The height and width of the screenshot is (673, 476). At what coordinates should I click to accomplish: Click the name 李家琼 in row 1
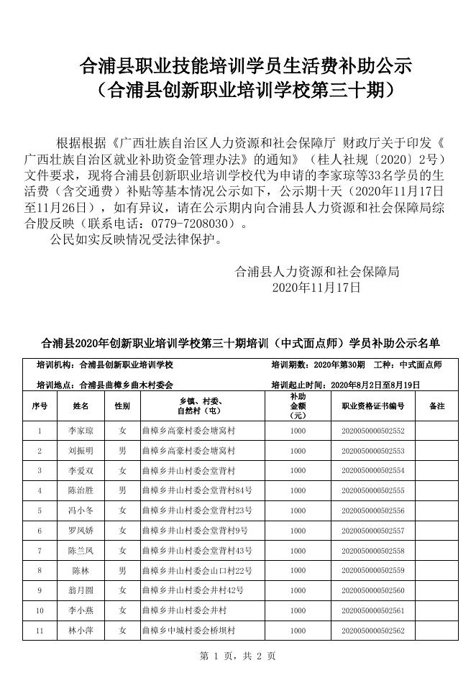pyautogui.click(x=81, y=431)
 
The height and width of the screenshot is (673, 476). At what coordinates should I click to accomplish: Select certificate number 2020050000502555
pyautogui.click(x=373, y=491)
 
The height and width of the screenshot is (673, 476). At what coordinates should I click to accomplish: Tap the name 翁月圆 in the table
pyautogui.click(x=81, y=590)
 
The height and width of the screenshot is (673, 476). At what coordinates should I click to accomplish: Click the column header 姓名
pyautogui.click(x=81, y=406)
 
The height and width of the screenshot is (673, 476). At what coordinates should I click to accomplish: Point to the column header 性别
pyautogui.click(x=122, y=406)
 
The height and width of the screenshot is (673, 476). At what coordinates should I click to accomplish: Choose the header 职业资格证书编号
pyautogui.click(x=373, y=406)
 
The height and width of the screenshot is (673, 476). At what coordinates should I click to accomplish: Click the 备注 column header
pyautogui.click(x=436, y=406)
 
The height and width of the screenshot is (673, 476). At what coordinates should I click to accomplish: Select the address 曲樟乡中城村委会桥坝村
pyautogui.click(x=189, y=631)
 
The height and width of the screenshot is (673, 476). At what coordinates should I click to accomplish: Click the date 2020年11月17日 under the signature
pyautogui.click(x=316, y=288)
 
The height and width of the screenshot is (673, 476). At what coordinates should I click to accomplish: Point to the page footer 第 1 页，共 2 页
pyautogui.click(x=237, y=656)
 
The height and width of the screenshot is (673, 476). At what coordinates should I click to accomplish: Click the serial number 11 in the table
pyautogui.click(x=40, y=631)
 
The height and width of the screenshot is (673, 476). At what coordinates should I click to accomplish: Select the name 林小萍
pyautogui.click(x=81, y=631)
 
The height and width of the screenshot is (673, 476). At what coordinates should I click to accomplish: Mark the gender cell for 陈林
pyautogui.click(x=122, y=571)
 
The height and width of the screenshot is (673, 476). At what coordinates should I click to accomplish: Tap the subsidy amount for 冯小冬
pyautogui.click(x=298, y=511)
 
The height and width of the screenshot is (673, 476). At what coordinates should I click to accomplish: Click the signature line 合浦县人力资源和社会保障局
pyautogui.click(x=317, y=272)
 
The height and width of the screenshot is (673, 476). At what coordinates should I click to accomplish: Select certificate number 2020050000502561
pyautogui.click(x=373, y=610)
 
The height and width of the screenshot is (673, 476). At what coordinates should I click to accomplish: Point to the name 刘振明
pyautogui.click(x=81, y=451)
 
